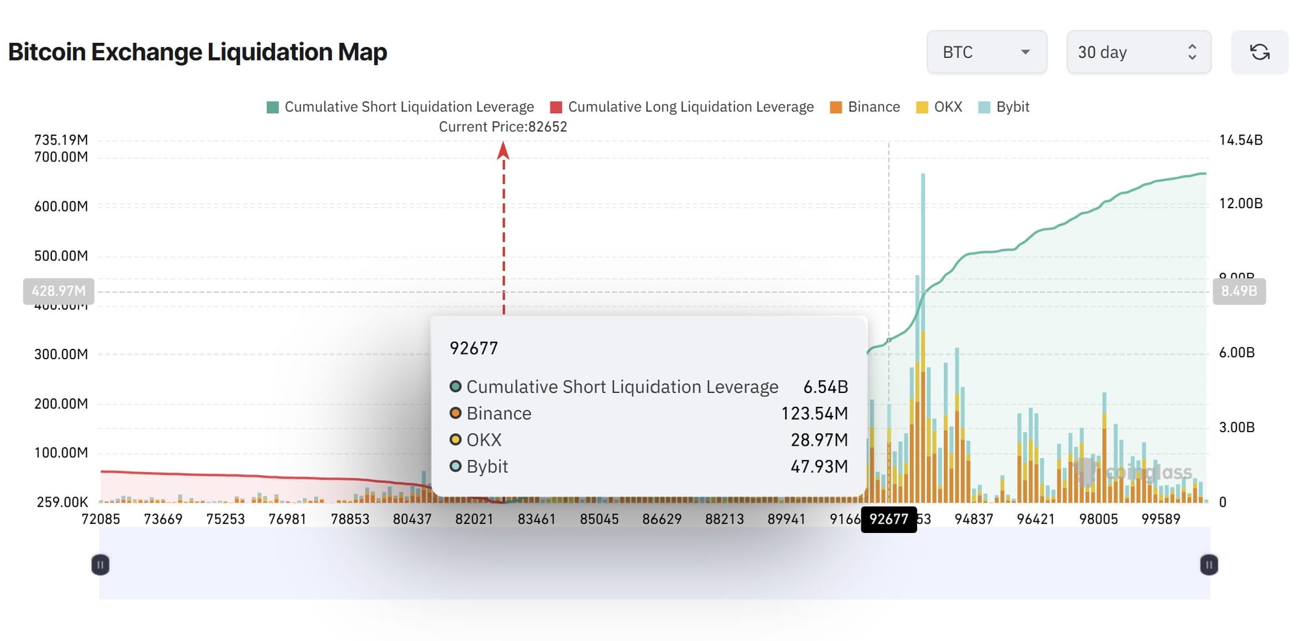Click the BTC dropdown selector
(986, 52)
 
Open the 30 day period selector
(1138, 52)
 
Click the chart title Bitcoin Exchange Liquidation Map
(197, 52)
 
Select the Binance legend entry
(865, 107)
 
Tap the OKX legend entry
(939, 107)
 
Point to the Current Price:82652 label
(503, 127)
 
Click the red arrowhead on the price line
(503, 151)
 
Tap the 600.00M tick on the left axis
(61, 206)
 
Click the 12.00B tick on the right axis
(1241, 204)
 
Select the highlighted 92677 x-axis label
(889, 519)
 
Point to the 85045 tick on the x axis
(599, 519)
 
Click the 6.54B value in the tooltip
(825, 387)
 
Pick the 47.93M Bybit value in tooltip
(818, 467)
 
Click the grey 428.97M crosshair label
(59, 291)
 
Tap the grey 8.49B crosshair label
(1239, 291)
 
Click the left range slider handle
(100, 564)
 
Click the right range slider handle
(1209, 564)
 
